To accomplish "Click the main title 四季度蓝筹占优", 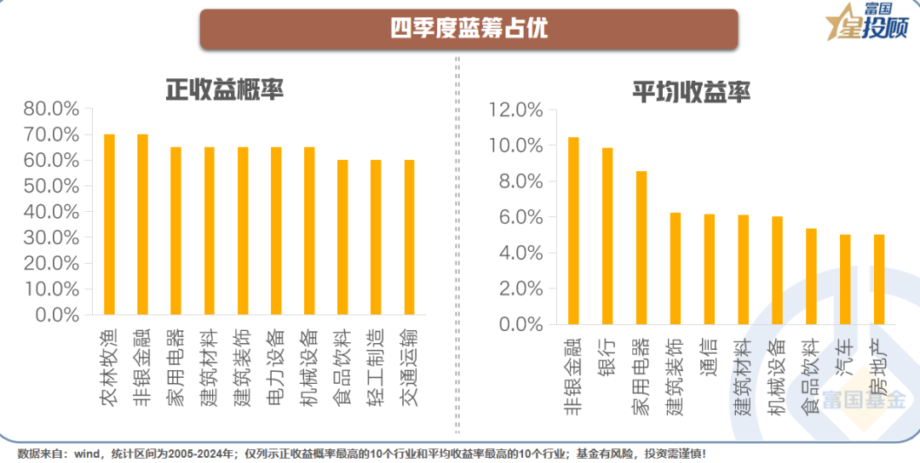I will [x=469, y=28].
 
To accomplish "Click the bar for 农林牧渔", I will [x=109, y=225].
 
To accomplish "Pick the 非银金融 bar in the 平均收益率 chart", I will [x=573, y=231].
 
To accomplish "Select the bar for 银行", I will [x=607, y=236].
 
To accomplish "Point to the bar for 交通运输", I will [x=409, y=237].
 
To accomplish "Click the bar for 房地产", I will [x=879, y=279].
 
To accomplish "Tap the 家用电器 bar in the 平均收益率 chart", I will [x=641, y=248].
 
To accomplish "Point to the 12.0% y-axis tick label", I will [x=515, y=111].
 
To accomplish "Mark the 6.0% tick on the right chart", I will [x=519, y=218].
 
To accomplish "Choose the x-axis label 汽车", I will [x=844, y=357].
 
